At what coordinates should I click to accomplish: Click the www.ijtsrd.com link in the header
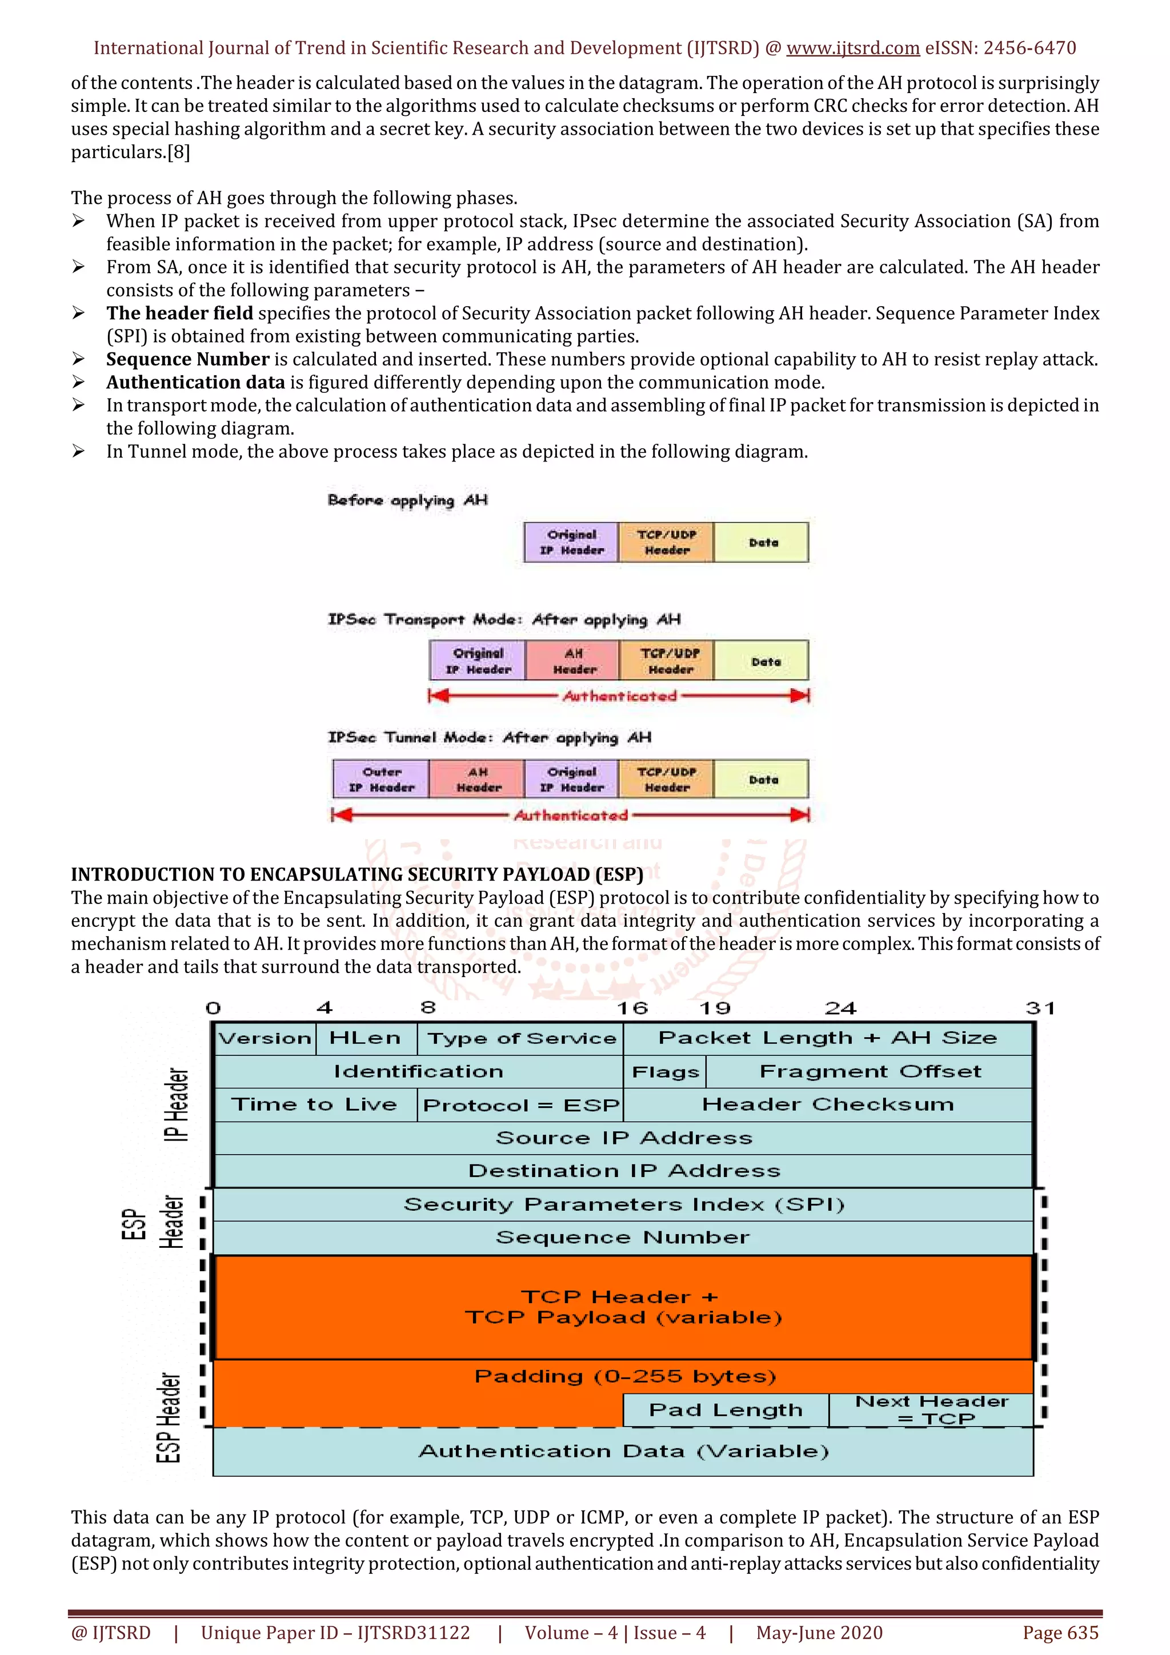[852, 49]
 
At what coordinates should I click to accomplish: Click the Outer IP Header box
[382, 779]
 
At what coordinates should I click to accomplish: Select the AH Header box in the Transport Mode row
[574, 661]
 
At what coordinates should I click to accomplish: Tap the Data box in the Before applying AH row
[763, 543]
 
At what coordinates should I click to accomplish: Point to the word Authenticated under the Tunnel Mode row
[571, 816]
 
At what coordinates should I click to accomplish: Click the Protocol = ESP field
[520, 1105]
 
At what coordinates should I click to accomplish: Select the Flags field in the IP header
[664, 1072]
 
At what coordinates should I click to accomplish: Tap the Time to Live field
[314, 1105]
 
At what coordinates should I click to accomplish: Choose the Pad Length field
[725, 1410]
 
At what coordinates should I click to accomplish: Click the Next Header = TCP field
[931, 1410]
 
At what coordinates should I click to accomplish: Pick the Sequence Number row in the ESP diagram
[623, 1238]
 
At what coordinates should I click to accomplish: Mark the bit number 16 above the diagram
[632, 1008]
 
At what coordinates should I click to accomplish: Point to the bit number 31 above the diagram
[1040, 1008]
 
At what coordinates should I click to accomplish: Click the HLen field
[365, 1038]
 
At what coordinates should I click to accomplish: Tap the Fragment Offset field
[870, 1072]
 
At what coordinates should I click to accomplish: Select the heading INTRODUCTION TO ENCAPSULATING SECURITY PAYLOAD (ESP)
[357, 874]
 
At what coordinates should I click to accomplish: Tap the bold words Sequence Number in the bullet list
[187, 359]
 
